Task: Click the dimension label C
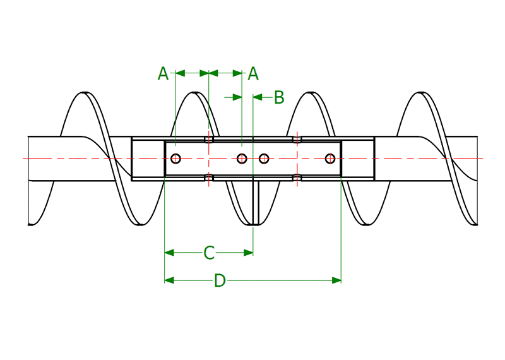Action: [210, 253]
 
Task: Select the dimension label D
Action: [220, 280]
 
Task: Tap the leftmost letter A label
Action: [163, 74]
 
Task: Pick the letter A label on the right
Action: [253, 74]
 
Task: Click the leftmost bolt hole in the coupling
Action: [176, 158]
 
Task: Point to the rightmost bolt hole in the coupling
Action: [329, 158]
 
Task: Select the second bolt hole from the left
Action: [242, 158]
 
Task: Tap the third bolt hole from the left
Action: [264, 158]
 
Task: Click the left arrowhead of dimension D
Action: [169, 280]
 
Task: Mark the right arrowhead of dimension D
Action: [336, 280]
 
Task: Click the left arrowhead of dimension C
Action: [169, 253]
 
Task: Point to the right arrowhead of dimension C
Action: [249, 253]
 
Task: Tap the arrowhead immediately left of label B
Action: [258, 97]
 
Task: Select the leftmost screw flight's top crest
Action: [84, 95]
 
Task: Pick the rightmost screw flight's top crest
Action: [419, 95]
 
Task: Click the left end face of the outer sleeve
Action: [132, 159]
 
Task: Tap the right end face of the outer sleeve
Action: [374, 159]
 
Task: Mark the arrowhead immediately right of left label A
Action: [180, 74]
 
